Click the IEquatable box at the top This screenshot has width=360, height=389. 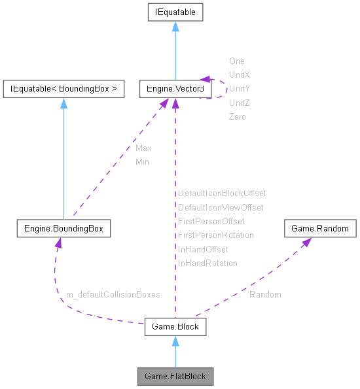(x=175, y=12)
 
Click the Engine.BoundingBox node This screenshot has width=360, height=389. (x=63, y=229)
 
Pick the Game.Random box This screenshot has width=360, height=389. (x=320, y=229)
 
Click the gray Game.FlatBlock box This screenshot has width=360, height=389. (x=175, y=377)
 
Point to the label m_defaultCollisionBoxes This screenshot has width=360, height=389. (x=113, y=295)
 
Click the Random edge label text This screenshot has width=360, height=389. (x=265, y=295)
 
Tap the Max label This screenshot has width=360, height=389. (x=143, y=148)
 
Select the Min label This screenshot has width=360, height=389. (x=142, y=161)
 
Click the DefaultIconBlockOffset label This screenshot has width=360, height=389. (x=222, y=194)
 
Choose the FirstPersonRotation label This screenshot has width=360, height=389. (x=216, y=235)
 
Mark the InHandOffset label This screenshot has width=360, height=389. (x=203, y=249)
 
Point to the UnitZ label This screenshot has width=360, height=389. (x=239, y=103)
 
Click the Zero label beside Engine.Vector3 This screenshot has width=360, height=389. (x=237, y=116)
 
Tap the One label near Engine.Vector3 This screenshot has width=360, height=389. (x=236, y=61)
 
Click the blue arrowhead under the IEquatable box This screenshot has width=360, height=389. (x=175, y=27)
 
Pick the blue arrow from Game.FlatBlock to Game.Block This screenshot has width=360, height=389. (x=175, y=353)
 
